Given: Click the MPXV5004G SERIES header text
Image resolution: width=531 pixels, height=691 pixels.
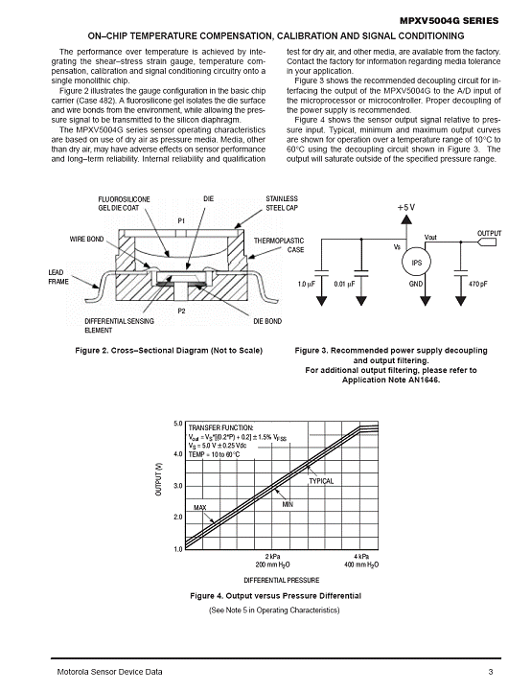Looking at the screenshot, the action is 449,21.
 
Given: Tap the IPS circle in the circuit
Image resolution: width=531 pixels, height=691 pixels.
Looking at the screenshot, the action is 416,263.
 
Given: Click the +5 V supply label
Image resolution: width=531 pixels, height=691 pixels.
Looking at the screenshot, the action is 405,207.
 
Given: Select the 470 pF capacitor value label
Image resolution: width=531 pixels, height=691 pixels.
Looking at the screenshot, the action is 477,284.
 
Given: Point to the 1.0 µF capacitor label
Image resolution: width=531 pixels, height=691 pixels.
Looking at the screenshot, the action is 307,284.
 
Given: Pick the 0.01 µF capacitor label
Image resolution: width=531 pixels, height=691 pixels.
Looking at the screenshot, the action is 344,284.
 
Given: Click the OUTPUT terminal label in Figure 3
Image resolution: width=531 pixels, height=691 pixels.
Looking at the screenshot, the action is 489,233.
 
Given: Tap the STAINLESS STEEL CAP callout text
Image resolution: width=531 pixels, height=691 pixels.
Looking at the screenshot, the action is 282,203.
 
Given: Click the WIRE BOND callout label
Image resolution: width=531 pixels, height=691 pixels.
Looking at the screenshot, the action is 87,239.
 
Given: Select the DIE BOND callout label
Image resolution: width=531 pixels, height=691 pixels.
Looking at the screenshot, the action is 267,321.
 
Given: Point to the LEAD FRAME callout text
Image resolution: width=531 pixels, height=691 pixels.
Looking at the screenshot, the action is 58,277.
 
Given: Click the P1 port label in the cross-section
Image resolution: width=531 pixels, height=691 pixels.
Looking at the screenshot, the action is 181,220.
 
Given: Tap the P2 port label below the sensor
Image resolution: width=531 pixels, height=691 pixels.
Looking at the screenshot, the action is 181,311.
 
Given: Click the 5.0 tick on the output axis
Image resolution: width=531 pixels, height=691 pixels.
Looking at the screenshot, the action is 178,424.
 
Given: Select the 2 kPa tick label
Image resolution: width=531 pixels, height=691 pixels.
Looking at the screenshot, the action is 272,556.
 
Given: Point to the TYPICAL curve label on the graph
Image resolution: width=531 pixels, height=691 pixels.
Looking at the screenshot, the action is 321,481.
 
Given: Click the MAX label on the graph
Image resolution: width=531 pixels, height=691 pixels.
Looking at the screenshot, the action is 200,508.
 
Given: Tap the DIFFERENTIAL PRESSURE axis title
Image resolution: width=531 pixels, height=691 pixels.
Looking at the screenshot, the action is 282,580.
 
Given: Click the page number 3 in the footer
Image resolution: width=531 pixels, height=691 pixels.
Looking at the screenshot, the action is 491,672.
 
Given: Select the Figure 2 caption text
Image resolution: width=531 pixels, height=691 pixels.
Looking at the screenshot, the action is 169,351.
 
